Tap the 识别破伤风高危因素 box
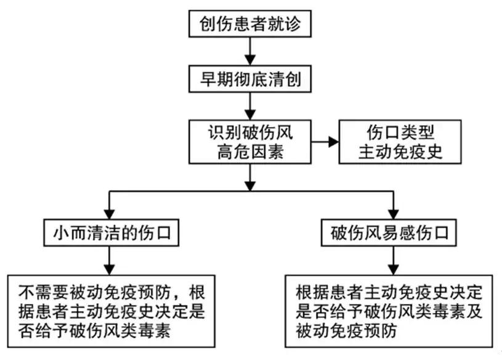click(x=249, y=142)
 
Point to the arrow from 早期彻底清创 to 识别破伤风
click(x=249, y=107)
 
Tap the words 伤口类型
click(x=400, y=132)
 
